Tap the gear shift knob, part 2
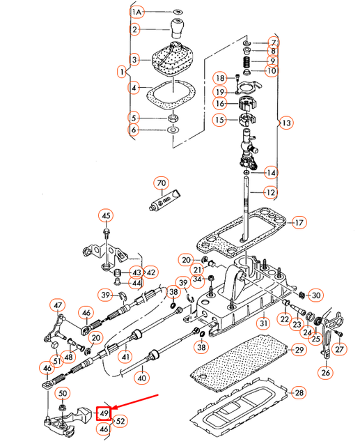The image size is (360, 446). [x=176, y=28]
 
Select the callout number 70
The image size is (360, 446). [x=161, y=183]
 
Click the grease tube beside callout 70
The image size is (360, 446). [x=164, y=200]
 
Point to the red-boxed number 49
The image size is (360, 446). [x=103, y=413]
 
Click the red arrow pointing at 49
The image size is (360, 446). [x=134, y=402]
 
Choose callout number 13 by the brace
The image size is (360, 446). [x=286, y=123]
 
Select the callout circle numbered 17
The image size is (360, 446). [x=299, y=222]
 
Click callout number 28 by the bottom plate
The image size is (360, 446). [x=299, y=393]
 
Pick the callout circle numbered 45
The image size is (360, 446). [x=106, y=216]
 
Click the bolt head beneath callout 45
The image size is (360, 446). [x=106, y=231]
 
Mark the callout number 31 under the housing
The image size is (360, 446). [x=263, y=323]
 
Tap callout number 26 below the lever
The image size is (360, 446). [x=326, y=372]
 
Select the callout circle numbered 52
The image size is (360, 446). [x=120, y=421]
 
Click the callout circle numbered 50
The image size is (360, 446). [x=63, y=393]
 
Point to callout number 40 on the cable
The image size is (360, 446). [x=141, y=378]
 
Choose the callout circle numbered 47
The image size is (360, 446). [x=58, y=305]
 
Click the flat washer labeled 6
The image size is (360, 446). [x=173, y=130]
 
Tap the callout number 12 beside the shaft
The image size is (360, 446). [x=270, y=192]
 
